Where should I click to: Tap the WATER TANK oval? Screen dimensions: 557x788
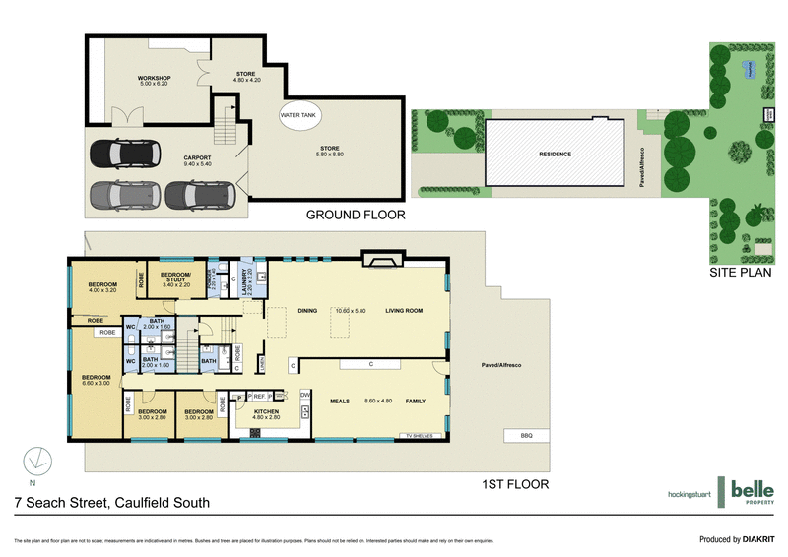(299, 116)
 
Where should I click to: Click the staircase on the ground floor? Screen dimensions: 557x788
(228, 127)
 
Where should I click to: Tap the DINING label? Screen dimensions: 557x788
(306, 311)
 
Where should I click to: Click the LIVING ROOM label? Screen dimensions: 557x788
(404, 311)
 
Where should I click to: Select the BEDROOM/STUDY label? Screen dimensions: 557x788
(175, 278)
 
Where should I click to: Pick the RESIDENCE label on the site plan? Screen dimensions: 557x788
(556, 155)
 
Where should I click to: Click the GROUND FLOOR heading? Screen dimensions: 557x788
(356, 215)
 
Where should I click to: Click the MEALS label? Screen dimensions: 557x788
(341, 401)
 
